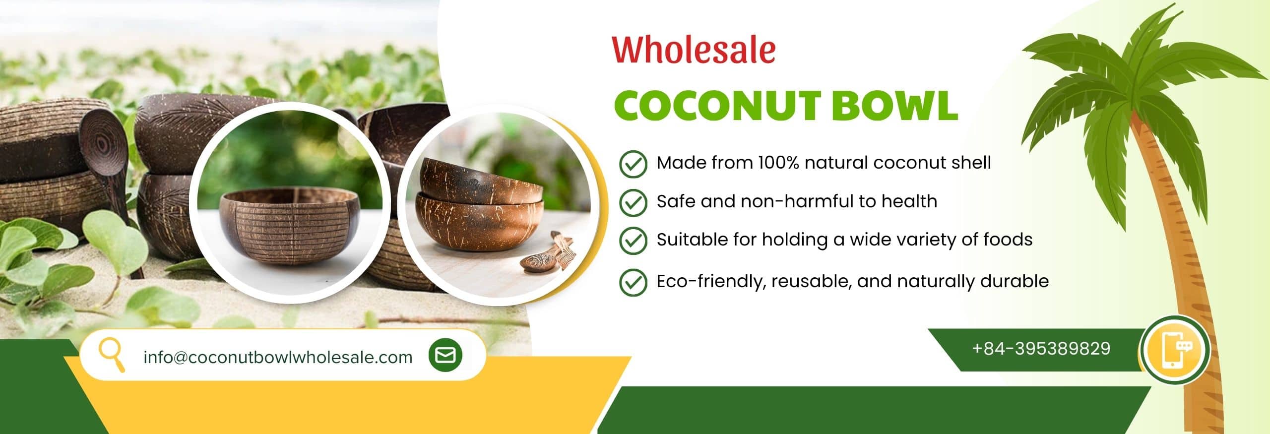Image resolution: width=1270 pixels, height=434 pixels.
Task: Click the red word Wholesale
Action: [x=694, y=51]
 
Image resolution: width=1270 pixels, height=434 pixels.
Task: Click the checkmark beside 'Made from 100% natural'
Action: [x=633, y=164]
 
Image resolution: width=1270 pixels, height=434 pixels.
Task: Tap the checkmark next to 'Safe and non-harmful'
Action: [x=633, y=202]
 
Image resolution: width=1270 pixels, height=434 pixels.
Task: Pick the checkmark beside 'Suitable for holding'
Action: [x=633, y=241]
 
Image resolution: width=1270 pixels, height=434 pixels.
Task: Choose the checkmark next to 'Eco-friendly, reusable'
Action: [x=633, y=282]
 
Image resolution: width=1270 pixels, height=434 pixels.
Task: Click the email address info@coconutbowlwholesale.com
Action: [x=278, y=357]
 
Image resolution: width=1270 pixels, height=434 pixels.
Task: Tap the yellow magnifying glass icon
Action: [x=111, y=354]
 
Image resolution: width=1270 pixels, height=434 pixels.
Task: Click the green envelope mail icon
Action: [x=445, y=355]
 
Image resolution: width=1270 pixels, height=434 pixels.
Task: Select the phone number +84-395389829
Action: [x=1041, y=349]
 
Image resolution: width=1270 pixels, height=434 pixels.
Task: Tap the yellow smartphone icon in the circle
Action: [x=1175, y=349]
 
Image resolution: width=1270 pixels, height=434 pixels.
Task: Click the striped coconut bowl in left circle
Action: [x=290, y=226]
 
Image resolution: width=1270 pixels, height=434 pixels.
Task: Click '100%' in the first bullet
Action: [x=778, y=163]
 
